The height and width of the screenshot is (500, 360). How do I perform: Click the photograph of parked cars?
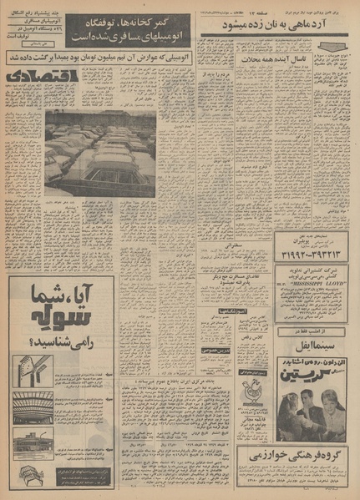[100, 154]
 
